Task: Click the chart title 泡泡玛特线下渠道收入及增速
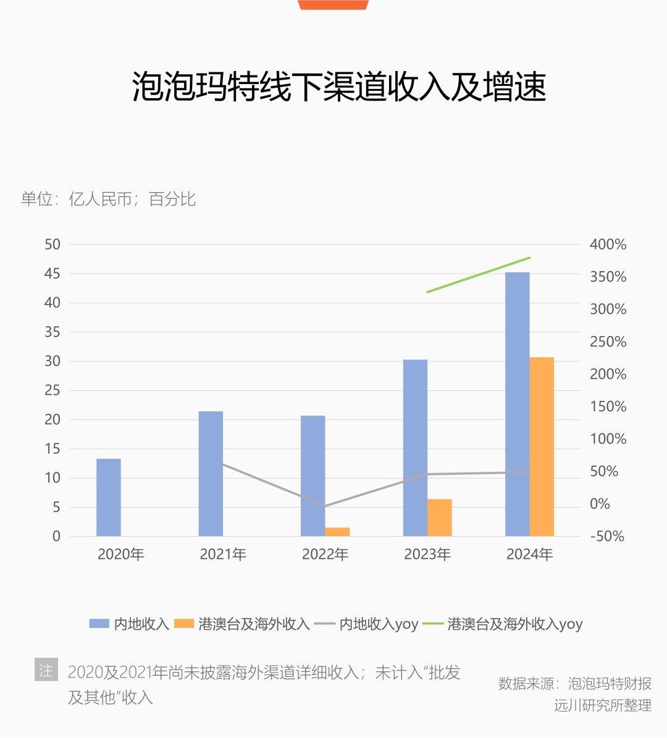(x=339, y=86)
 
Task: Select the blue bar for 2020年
(x=109, y=497)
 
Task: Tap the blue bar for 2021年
(x=211, y=474)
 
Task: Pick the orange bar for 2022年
(x=337, y=532)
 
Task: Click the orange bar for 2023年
(x=440, y=518)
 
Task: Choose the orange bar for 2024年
(x=542, y=447)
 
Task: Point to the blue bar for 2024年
(x=518, y=404)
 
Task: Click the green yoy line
(x=479, y=274)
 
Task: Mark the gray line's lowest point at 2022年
(x=325, y=506)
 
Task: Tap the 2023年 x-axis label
(x=427, y=555)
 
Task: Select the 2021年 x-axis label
(x=223, y=555)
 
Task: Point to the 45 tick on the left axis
(x=52, y=274)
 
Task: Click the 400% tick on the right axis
(x=608, y=245)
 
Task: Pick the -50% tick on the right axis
(x=607, y=537)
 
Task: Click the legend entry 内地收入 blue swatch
(x=99, y=624)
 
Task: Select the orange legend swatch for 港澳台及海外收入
(x=184, y=624)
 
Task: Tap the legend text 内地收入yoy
(x=379, y=624)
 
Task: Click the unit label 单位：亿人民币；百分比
(x=109, y=199)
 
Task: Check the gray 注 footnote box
(x=46, y=670)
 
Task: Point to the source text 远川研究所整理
(x=602, y=705)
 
